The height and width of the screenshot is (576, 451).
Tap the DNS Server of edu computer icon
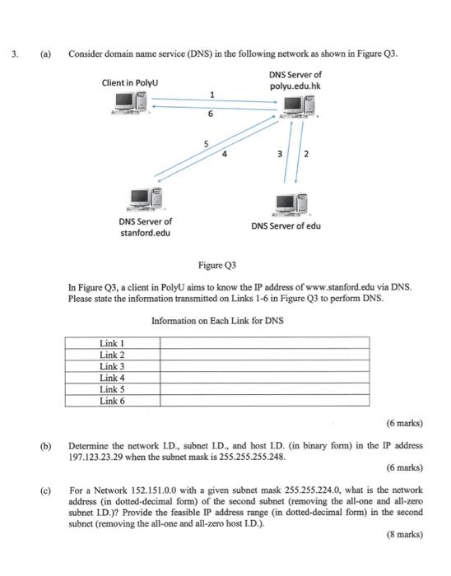click(x=287, y=202)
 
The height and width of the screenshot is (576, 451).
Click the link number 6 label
click(x=211, y=114)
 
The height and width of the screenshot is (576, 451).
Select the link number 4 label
click(x=224, y=153)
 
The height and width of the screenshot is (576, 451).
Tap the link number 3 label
click(x=279, y=153)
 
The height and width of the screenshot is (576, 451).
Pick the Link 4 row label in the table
click(x=112, y=378)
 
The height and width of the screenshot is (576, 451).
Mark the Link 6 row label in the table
click(x=112, y=401)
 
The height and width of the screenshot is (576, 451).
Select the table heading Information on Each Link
click(x=217, y=320)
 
